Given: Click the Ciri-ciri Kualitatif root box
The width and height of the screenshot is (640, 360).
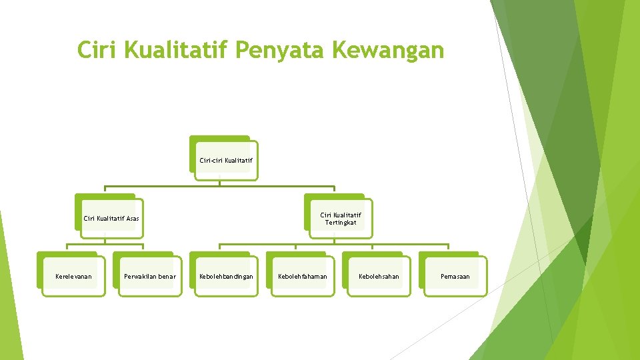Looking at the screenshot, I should click(x=225, y=160).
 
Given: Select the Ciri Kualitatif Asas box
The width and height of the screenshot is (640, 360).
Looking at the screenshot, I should click(x=111, y=218).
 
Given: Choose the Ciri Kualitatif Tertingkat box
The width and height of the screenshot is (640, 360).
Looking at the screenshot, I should click(x=340, y=219).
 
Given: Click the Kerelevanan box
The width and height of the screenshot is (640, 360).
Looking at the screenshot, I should click(x=73, y=276).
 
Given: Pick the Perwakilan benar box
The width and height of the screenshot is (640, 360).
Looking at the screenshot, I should click(x=149, y=276).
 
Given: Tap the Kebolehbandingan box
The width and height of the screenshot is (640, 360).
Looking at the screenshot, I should click(x=226, y=276).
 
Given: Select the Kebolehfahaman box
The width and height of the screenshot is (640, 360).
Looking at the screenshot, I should click(x=302, y=276).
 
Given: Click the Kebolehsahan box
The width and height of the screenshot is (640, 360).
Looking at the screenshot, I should click(x=379, y=276).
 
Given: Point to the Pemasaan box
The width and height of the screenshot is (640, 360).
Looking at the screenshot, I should click(x=455, y=276).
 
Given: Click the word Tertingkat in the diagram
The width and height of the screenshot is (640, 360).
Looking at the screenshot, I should click(x=341, y=223).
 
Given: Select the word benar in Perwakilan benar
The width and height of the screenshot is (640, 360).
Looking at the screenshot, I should click(x=167, y=276).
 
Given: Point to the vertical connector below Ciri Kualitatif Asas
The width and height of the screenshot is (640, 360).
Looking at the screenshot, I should click(x=105, y=241).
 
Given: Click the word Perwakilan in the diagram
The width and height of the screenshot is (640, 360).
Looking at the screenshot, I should click(x=140, y=276).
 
